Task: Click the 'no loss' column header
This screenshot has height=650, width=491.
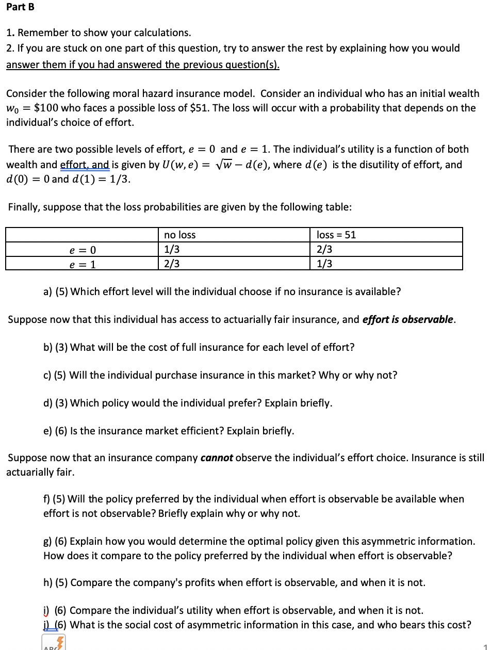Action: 179,235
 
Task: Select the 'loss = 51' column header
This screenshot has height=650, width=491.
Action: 336,235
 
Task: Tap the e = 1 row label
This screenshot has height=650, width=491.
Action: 83,265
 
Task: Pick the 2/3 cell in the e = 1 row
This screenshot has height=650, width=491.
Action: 172,264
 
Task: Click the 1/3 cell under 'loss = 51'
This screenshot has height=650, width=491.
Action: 324,264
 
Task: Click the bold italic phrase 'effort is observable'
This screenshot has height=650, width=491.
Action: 408,319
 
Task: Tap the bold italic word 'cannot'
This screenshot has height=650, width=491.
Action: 217,458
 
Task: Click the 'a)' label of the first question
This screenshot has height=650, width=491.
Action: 47,291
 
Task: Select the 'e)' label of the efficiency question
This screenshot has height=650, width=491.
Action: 47,431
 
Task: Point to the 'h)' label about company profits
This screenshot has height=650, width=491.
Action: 47,582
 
